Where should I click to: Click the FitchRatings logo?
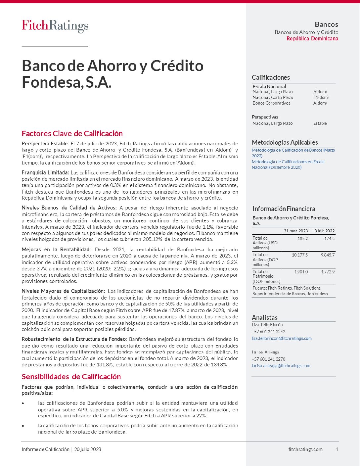(x=55, y=26)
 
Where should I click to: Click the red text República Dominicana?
(x=312, y=39)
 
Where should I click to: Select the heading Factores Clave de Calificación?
(x=72, y=134)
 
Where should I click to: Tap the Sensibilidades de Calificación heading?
(x=71, y=377)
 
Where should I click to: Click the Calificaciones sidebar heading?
(x=271, y=77)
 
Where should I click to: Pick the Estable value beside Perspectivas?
(x=320, y=123)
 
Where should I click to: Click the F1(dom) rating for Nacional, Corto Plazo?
(x=321, y=97)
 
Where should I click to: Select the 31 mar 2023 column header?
(x=295, y=231)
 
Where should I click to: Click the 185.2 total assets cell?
(x=302, y=238)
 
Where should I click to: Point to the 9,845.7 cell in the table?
(x=328, y=255)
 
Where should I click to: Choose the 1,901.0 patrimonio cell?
(x=301, y=272)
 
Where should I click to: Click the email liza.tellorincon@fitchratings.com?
(x=282, y=338)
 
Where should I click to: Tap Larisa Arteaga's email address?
(x=281, y=366)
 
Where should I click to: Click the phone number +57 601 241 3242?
(x=268, y=332)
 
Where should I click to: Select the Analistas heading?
(x=264, y=317)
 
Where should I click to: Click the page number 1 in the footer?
(x=337, y=449)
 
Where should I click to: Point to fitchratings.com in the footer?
(x=305, y=449)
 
